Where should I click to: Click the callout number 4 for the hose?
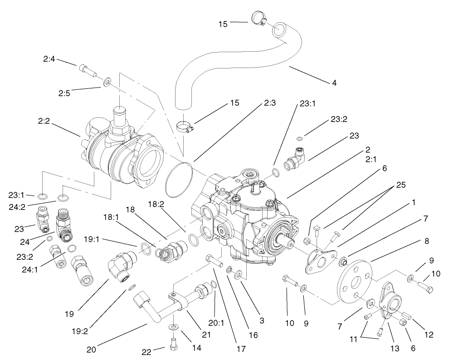point(334,83)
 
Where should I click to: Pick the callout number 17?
point(240,349)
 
